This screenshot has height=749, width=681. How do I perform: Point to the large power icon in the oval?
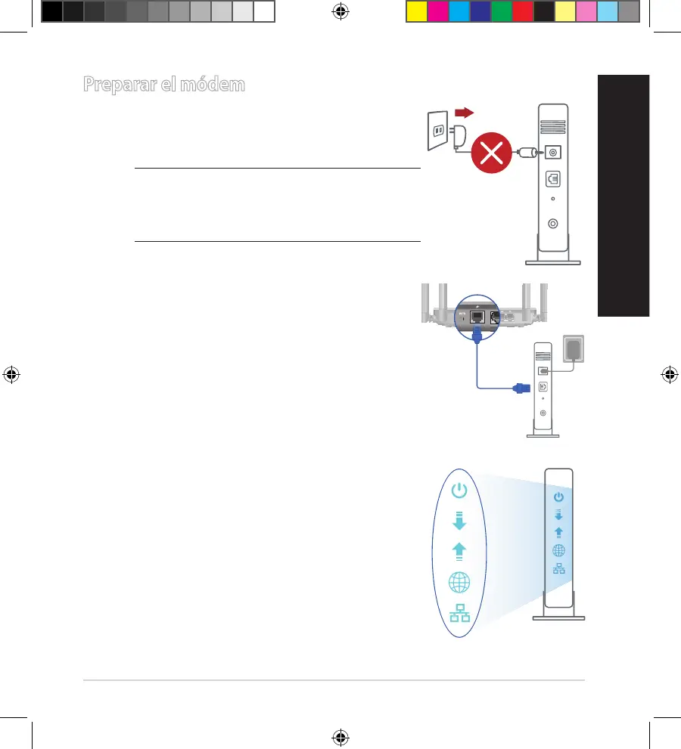[x=459, y=491]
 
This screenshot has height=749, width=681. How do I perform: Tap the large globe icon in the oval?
[x=459, y=583]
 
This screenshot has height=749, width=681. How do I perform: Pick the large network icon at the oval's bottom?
[x=459, y=614]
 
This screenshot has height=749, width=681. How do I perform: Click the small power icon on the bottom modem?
[x=558, y=497]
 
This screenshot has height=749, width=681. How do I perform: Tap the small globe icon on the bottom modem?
[x=558, y=550]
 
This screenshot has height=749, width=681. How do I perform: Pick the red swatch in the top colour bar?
[x=522, y=11]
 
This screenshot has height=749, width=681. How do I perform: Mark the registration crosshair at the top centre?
[x=340, y=11]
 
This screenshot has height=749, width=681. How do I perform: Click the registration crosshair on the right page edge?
[x=669, y=375]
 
